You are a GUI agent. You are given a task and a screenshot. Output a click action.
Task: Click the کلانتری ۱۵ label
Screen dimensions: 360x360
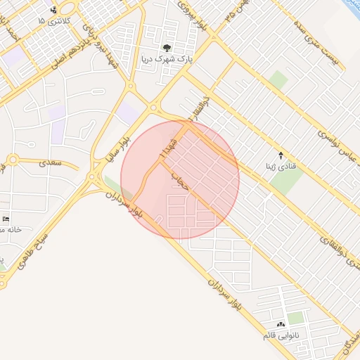[x=50, y=21]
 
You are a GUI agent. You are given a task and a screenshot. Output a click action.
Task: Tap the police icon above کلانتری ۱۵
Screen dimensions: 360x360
[x=54, y=10]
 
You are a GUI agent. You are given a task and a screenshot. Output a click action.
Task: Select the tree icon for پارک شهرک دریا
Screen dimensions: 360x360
[x=167, y=48]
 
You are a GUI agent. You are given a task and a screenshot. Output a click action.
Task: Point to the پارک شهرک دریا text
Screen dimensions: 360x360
[x=167, y=60]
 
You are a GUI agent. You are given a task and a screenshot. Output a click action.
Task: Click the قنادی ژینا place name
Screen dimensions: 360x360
[x=280, y=167]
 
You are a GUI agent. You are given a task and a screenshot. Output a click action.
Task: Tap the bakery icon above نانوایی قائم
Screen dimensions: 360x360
[x=281, y=324]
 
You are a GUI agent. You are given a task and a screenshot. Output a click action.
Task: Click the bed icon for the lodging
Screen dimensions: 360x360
[x=6, y=219]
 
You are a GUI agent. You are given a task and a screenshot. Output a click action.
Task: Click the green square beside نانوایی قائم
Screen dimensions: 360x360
[x=296, y=318]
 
